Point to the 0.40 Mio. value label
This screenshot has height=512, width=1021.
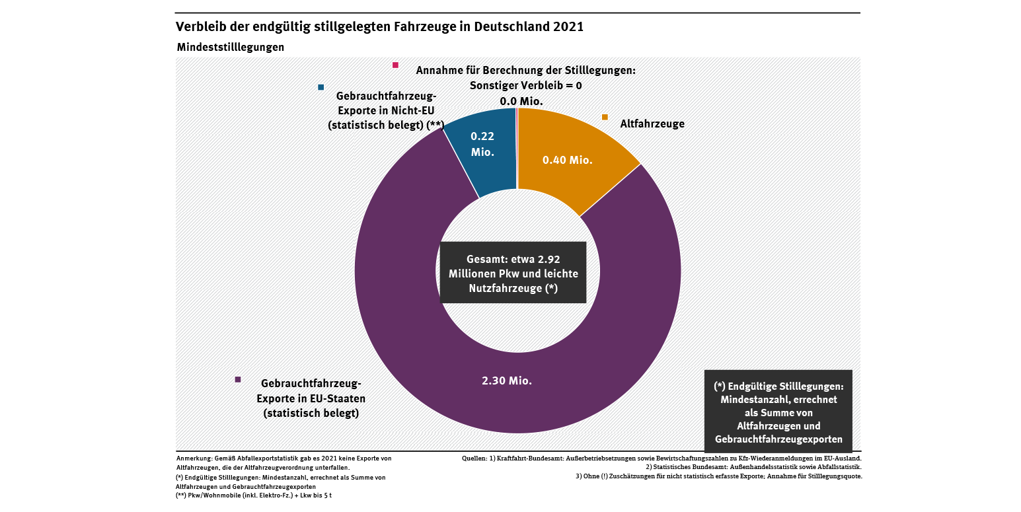pos(567,160)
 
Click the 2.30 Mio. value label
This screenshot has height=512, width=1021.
pos(507,381)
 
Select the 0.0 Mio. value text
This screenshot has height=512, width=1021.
pos(521,101)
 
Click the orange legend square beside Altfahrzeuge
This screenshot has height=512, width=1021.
pos(605,117)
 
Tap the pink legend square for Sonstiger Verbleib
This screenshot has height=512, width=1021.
pos(395,65)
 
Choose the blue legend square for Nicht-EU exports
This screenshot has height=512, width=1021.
pos(321,87)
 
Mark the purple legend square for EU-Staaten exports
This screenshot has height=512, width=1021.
pos(238,379)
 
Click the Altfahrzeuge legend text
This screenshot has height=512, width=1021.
pos(652,124)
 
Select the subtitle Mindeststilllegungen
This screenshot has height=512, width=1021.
pos(231,48)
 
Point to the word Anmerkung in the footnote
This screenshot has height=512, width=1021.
pos(192,458)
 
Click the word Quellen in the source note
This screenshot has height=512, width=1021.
pos(475,458)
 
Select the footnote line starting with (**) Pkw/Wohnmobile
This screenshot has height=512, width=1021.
pos(254,495)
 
